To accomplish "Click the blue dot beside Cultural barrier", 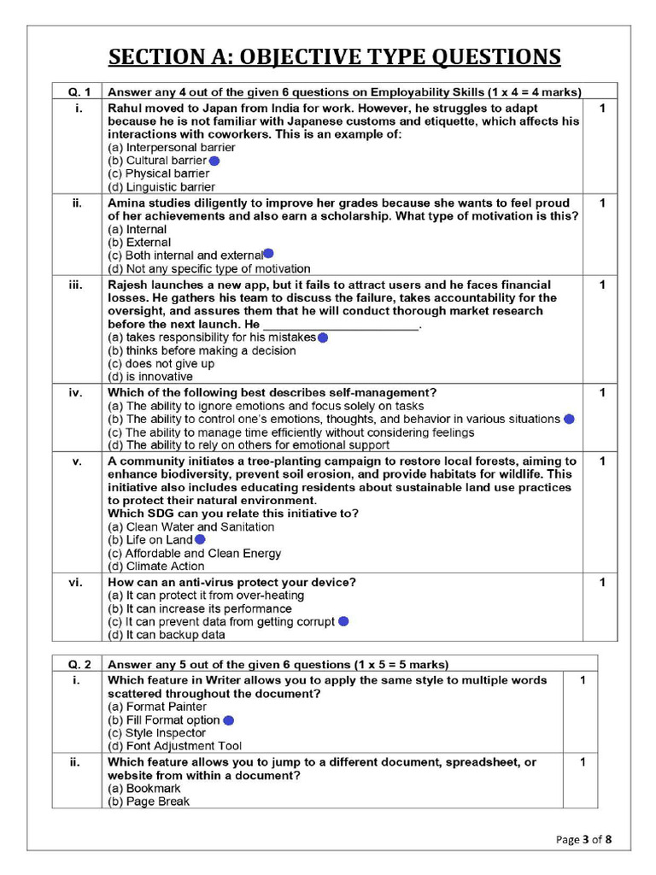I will (214, 161).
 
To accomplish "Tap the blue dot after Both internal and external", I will (268, 254).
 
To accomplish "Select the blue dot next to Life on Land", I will (200, 540).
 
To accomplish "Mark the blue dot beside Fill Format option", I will (228, 720).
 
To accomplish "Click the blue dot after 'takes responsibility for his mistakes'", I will (323, 338).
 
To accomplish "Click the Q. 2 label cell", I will (77, 664).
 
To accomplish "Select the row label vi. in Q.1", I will (77, 583).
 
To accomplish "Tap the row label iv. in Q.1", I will (77, 393).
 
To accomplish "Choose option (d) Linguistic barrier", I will (161, 187).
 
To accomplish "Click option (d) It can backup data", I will (167, 635).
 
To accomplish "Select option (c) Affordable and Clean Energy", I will (194, 553).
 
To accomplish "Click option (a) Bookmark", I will (144, 789).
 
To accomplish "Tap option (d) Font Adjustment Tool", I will (174, 746).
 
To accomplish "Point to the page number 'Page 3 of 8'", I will (583, 839).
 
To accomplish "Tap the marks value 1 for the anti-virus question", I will (602, 583).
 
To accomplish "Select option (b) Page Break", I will (149, 802).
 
